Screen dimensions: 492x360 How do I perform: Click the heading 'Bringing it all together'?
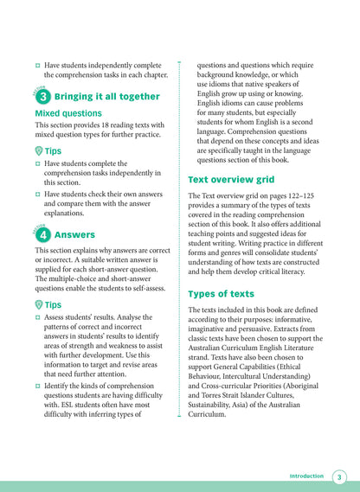click(106, 97)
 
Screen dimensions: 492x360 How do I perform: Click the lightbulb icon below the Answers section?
click(40, 305)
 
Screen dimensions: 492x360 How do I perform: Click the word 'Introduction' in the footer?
click(306, 476)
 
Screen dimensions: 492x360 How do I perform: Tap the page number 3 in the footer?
click(339, 477)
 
